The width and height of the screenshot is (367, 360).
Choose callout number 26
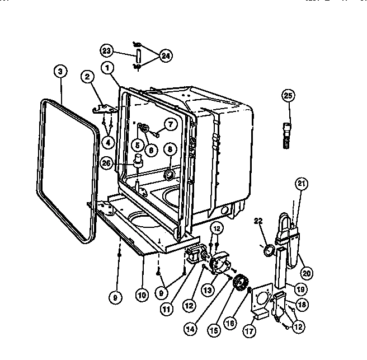point(107,163)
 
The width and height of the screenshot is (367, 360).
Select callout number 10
point(142,293)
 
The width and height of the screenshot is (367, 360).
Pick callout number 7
point(170,124)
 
